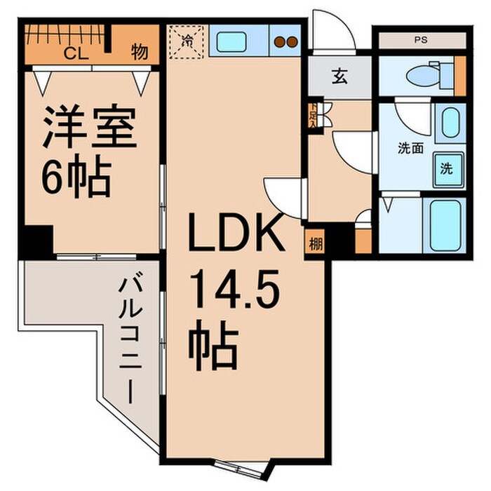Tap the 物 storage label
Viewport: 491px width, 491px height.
(x=138, y=53)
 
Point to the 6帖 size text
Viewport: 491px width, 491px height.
(x=76, y=179)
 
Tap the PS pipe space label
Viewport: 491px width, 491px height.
(x=419, y=40)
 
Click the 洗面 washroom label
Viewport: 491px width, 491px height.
(x=410, y=148)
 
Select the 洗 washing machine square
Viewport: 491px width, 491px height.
(x=446, y=168)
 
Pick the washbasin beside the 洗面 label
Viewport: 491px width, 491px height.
(x=449, y=123)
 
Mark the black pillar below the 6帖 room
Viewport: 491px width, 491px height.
(x=36, y=242)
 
